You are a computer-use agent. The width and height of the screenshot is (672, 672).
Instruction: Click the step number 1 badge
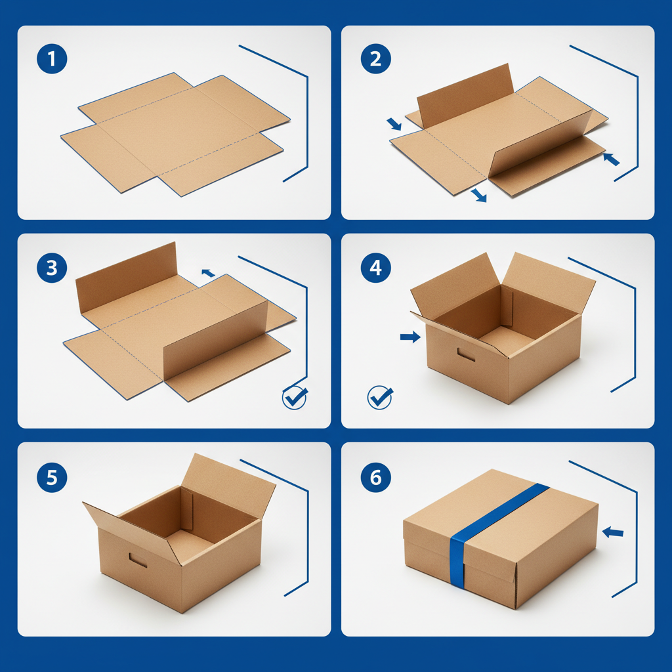click(x=52, y=60)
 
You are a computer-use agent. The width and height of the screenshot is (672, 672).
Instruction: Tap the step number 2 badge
click(x=375, y=60)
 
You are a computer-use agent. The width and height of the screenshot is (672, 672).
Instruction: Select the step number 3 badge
click(x=52, y=268)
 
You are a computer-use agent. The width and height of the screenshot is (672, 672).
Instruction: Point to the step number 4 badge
click(x=375, y=268)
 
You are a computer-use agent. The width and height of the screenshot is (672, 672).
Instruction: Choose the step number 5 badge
click(x=52, y=477)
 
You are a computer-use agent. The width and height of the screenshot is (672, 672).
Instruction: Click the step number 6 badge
click(x=375, y=477)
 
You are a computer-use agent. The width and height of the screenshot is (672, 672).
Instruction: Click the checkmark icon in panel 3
click(x=295, y=398)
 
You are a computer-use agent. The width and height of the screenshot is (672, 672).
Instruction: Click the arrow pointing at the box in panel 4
click(x=410, y=337)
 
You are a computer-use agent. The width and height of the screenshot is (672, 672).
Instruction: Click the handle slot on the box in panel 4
click(x=467, y=356)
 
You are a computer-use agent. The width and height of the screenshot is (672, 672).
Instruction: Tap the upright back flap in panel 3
click(x=125, y=276)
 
